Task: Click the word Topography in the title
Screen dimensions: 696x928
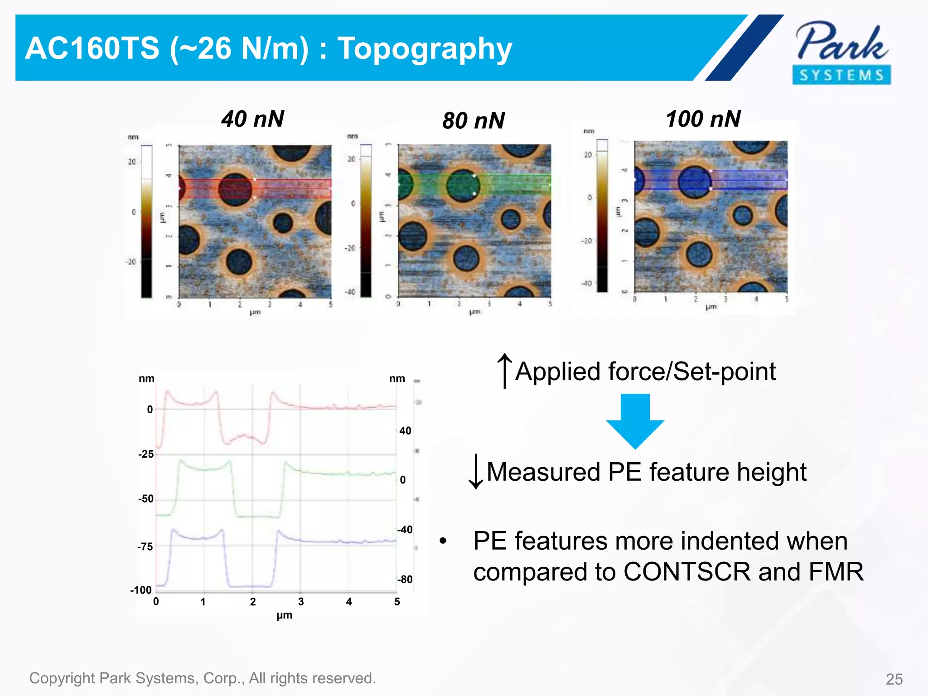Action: (425, 48)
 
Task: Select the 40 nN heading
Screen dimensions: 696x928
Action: (252, 119)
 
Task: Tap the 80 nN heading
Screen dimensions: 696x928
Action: (474, 121)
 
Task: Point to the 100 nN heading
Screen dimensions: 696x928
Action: (703, 119)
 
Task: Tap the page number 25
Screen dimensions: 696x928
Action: (894, 679)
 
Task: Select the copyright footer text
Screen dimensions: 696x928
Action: (203, 678)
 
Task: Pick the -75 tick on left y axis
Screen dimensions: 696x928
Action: (145, 547)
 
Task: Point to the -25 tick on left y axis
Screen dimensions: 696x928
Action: (146, 454)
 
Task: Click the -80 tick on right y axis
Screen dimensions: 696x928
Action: (405, 580)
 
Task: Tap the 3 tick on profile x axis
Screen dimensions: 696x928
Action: (301, 602)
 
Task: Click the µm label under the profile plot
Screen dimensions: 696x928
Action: (284, 615)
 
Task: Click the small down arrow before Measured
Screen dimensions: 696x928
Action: (476, 472)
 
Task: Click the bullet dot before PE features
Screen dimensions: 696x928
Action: (443, 541)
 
